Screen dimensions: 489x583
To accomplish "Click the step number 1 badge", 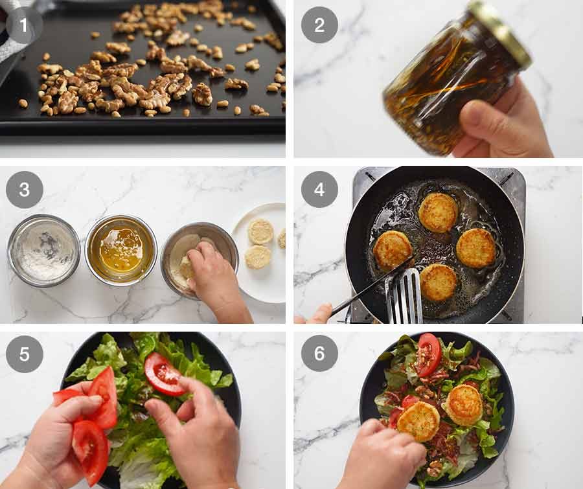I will point(24,25).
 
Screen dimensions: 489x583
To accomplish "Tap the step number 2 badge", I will point(319,25).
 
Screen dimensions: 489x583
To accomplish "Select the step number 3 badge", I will point(24,190).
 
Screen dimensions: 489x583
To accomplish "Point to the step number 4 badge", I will point(319,190).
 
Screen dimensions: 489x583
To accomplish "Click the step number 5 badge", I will point(24,354).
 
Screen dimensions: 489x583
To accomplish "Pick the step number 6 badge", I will point(319,354).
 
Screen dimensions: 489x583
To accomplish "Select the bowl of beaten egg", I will point(120,249).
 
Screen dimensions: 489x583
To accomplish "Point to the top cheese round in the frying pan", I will point(438,212).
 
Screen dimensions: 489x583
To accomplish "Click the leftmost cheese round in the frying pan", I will point(392,249).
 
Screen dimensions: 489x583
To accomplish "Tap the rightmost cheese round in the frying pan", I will point(476,248).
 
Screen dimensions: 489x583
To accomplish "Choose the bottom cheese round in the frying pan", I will point(437,282).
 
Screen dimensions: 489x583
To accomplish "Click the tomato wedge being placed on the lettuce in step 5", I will point(163,374).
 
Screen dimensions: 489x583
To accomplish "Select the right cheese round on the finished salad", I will point(464,405).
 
